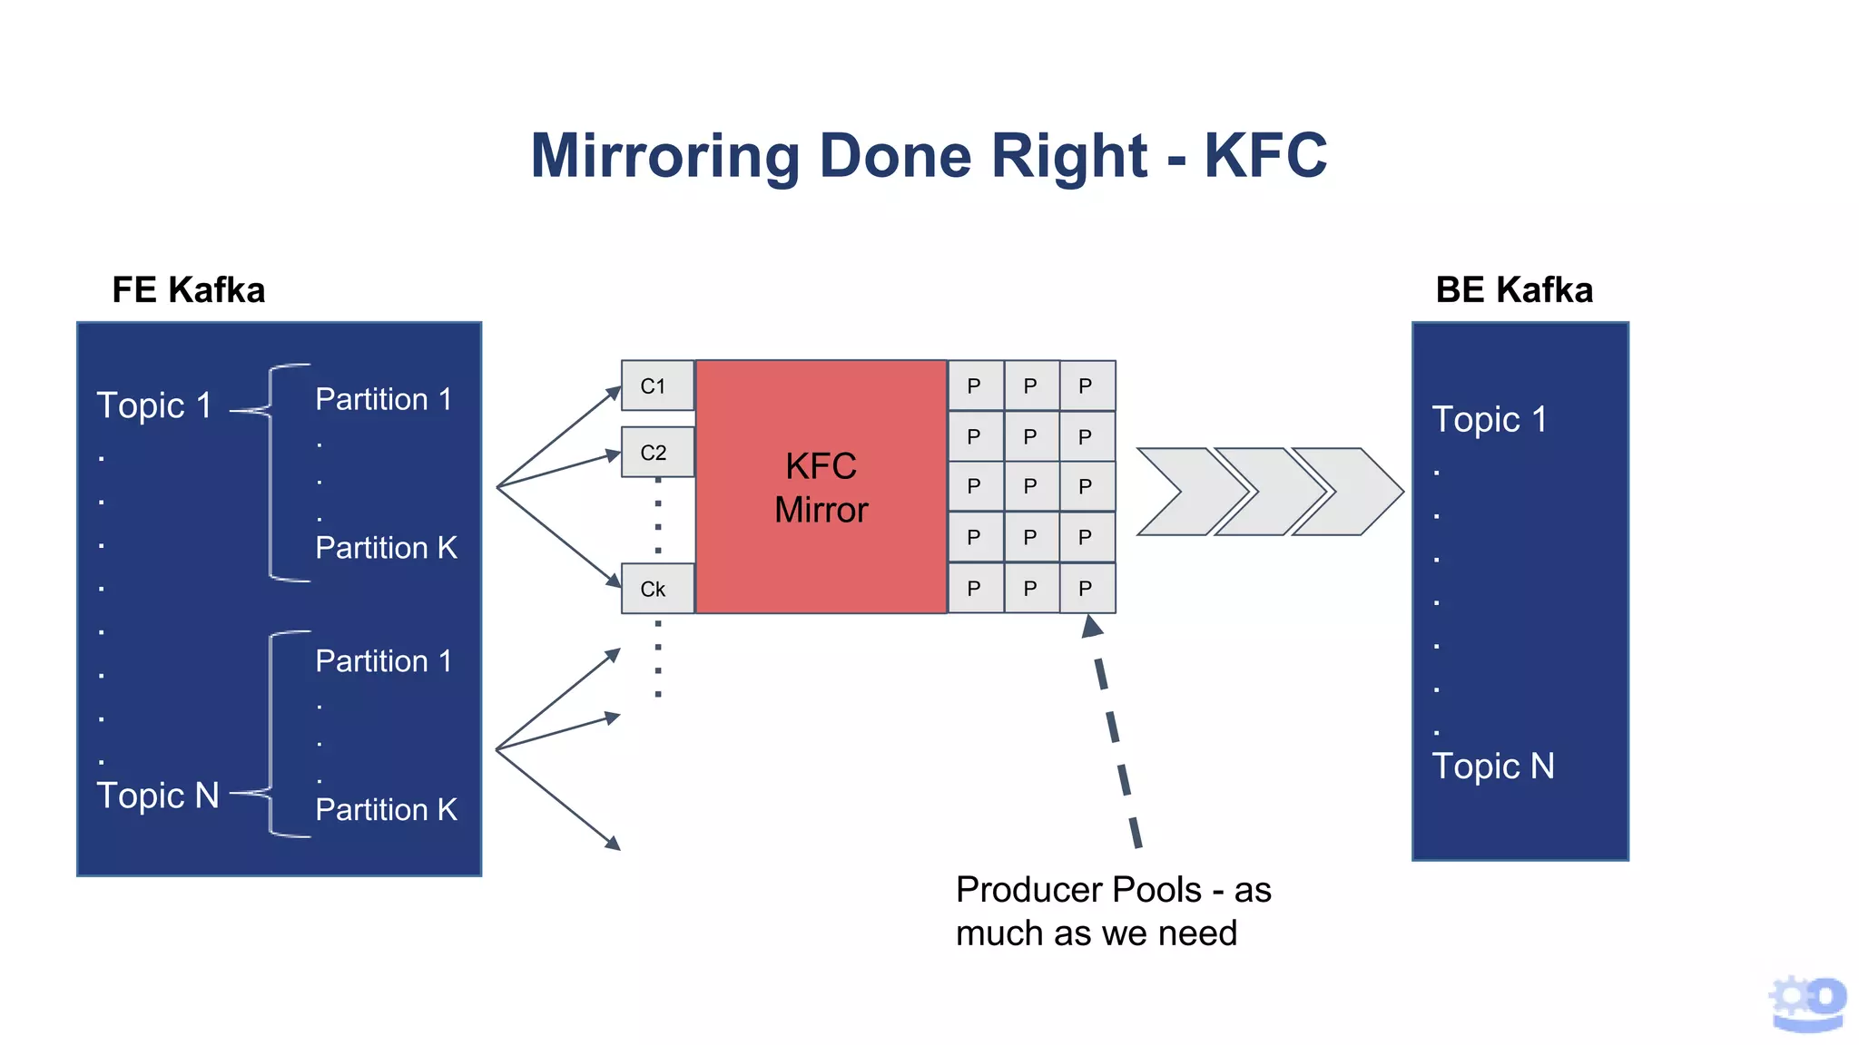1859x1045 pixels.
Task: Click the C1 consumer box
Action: pos(657,386)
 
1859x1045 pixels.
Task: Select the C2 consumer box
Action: pos(657,452)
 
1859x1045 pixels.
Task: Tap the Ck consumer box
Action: pos(657,589)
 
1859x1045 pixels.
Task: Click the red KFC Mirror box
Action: pos(821,487)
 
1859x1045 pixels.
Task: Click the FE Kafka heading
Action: pos(188,290)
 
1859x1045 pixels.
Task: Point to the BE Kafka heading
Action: pos(1513,290)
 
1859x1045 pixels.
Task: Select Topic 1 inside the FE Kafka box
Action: pos(154,405)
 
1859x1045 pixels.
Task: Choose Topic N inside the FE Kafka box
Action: pos(158,796)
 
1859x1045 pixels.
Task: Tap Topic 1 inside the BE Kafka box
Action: pos(1489,420)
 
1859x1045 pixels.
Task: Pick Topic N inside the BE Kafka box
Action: pos(1492,767)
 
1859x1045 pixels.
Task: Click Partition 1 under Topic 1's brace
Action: pos(383,399)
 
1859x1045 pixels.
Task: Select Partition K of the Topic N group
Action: pos(386,809)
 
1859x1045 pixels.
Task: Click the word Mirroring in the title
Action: pos(664,156)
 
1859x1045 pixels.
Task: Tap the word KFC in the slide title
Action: pos(1265,156)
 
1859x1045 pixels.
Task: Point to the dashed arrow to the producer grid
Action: pos(1116,735)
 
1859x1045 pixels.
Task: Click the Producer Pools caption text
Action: pos(1113,911)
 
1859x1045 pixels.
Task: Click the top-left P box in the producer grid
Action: pos(974,386)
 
